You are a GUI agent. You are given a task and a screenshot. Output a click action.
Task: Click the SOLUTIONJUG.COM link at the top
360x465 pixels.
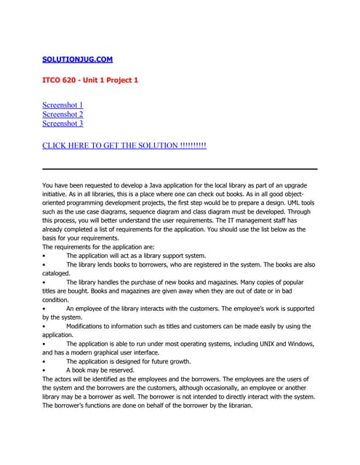point(77,59)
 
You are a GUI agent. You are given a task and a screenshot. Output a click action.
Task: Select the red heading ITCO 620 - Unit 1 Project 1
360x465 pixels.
point(89,80)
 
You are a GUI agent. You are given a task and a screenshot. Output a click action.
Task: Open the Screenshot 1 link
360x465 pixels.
point(63,105)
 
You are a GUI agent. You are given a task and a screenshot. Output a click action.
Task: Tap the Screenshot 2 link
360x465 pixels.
point(63,115)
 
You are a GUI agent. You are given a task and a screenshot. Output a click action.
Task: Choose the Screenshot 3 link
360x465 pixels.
point(63,124)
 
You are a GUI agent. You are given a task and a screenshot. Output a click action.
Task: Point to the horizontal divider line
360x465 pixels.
point(180,169)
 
